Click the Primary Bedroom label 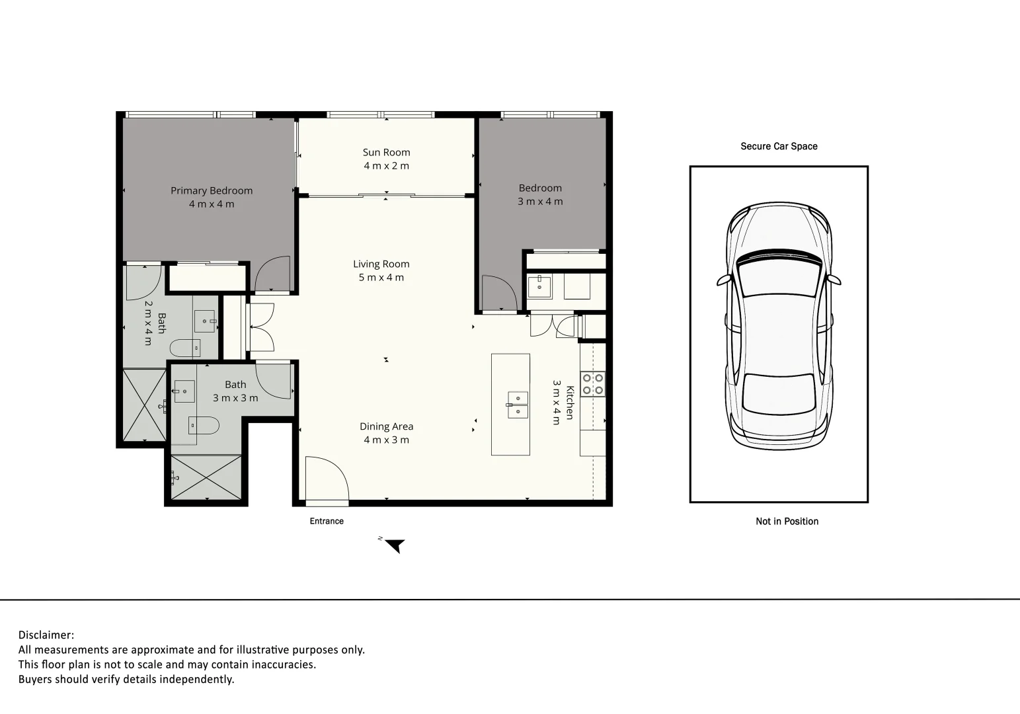point(212,190)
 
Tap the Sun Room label point(386,152)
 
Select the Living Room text point(381,264)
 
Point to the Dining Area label point(386,426)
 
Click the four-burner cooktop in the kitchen point(592,384)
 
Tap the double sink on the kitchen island point(518,405)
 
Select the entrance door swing point(326,478)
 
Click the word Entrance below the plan point(327,521)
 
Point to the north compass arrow point(395,545)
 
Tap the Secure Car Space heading point(779,146)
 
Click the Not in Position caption point(787,521)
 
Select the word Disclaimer point(46,635)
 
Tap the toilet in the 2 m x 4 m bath point(186,347)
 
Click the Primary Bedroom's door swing point(272,274)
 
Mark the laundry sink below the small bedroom point(539,287)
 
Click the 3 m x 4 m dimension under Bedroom point(540,202)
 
